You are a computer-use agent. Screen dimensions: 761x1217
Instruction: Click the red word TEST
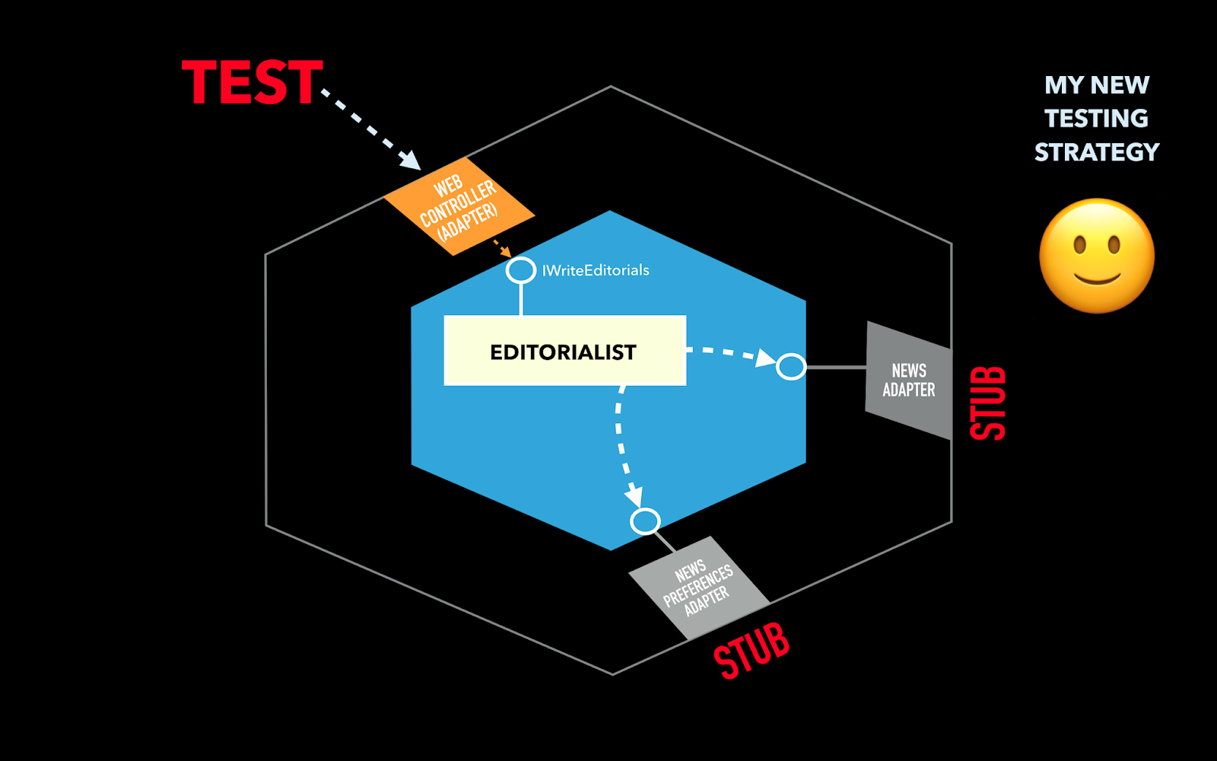[x=253, y=82]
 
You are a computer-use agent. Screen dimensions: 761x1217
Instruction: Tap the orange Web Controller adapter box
[x=459, y=206]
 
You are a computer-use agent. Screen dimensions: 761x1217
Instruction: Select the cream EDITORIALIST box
[x=564, y=351]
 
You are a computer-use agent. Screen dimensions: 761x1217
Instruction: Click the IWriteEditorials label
[x=596, y=270]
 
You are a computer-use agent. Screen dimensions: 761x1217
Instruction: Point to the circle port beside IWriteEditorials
[x=521, y=270]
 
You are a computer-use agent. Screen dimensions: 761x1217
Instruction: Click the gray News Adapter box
[x=909, y=380]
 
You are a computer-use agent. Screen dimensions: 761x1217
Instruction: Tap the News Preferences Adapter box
[x=698, y=587]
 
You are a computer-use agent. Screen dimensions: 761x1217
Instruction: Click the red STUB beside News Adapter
[x=989, y=403]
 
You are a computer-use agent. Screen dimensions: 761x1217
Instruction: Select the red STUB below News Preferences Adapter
[x=751, y=651]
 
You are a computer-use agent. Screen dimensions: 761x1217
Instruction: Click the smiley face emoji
[x=1097, y=256]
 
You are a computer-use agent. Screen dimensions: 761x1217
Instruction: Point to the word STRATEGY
[x=1097, y=152]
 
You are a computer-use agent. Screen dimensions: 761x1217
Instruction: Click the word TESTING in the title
[x=1097, y=119]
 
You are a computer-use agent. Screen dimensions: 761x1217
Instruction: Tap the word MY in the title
[x=1063, y=85]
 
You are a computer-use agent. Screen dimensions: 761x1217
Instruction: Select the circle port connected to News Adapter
[x=791, y=367]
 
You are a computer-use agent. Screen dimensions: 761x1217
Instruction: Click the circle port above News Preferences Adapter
[x=645, y=522]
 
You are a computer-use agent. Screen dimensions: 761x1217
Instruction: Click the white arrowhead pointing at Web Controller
[x=411, y=161]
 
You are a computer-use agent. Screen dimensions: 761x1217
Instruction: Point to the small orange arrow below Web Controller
[x=503, y=249]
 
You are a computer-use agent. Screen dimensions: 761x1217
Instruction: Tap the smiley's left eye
[x=1079, y=245]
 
